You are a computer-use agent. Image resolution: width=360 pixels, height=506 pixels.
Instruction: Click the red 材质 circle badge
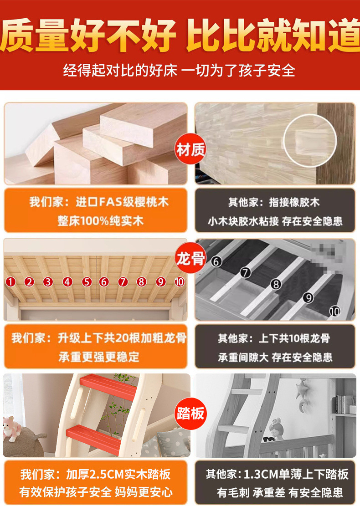pyautogui.click(x=190, y=149)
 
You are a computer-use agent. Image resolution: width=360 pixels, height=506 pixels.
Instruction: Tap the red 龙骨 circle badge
pyautogui.click(x=190, y=258)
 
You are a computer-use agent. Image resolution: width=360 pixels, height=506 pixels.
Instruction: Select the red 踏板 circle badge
pyautogui.click(x=190, y=414)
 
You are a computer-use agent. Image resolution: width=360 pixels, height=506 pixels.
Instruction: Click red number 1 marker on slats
pyautogui.click(x=10, y=282)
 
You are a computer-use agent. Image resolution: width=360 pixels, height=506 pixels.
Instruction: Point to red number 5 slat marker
pyautogui.click(x=87, y=282)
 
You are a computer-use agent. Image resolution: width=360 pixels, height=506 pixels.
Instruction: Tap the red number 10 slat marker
pyautogui.click(x=180, y=282)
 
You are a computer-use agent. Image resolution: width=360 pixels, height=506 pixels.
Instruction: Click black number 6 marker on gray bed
pyautogui.click(x=216, y=261)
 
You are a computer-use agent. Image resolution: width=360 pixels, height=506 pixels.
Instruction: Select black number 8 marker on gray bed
pyautogui.click(x=276, y=284)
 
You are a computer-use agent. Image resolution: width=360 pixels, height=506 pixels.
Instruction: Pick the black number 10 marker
pyautogui.click(x=334, y=312)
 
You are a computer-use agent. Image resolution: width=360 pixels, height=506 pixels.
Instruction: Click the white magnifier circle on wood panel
pyautogui.click(x=310, y=141)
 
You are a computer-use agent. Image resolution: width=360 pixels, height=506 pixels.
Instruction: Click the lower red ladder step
pyautogui.click(x=94, y=440)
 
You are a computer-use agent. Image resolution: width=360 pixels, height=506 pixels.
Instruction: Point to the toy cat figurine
pyautogui.click(x=12, y=428)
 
